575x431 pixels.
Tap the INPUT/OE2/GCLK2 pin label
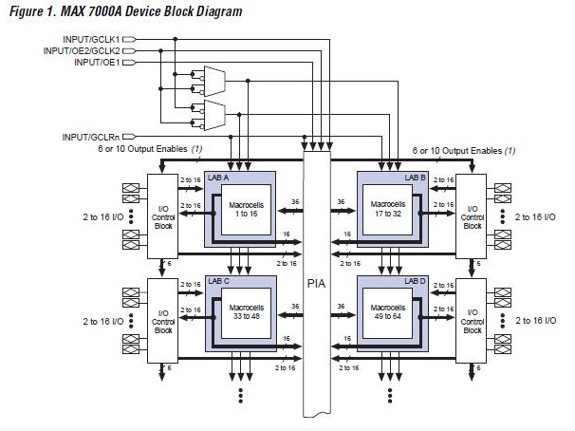(82, 50)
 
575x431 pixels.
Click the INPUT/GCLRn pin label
(91, 137)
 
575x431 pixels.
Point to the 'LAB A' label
(219, 178)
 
